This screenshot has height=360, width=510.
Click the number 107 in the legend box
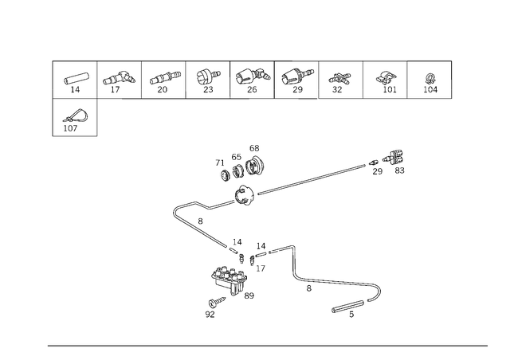point(70,128)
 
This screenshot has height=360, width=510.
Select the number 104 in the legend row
point(430,89)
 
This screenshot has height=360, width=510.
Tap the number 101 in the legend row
point(390,89)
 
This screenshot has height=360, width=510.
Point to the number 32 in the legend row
point(337,89)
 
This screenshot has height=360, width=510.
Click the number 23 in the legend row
point(208,89)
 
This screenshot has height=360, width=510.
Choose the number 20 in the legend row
point(163,89)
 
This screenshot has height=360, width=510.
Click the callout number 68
point(254,148)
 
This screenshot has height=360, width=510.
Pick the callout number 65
point(237,157)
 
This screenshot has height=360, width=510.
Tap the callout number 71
point(220,162)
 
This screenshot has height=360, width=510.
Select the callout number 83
point(399,170)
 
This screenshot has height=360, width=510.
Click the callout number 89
point(249,295)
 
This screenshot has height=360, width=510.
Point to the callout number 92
point(210,314)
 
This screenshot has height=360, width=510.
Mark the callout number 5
point(351,315)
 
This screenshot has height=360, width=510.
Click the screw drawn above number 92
point(217,302)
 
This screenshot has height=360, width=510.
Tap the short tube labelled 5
point(347,307)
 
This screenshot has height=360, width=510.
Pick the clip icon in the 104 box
point(430,79)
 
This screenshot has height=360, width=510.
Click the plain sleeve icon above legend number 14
point(76,78)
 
